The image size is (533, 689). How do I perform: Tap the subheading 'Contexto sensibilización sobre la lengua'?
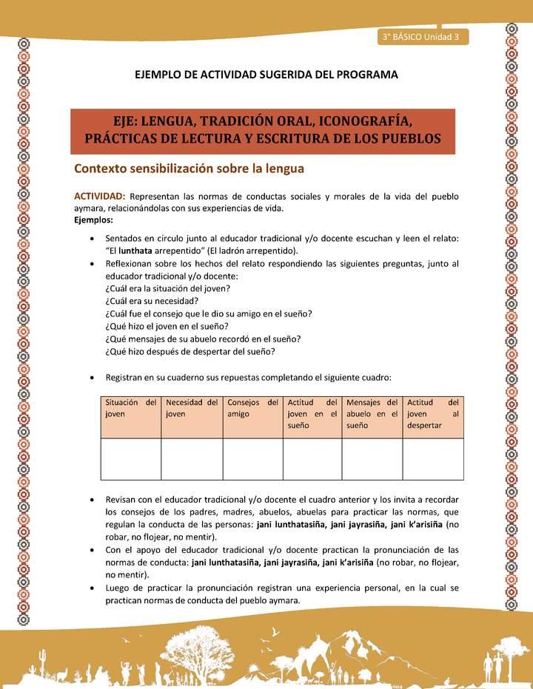coord(189,168)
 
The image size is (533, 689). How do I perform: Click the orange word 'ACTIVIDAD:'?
coord(100,197)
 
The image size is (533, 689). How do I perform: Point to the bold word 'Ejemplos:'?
coord(94,220)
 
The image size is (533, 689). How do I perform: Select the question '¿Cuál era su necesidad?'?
coord(151,301)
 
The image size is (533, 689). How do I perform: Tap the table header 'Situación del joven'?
coord(130,408)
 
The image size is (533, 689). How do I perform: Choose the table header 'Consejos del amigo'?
coord(252,408)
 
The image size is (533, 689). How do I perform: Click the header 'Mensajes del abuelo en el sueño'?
coord(372,414)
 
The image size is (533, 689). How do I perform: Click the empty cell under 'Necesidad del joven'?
coord(192,458)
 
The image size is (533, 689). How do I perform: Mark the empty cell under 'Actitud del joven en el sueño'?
coord(312,458)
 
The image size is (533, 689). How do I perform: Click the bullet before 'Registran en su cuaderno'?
coord(90,378)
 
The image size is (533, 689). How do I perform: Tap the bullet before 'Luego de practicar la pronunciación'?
coord(90,588)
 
